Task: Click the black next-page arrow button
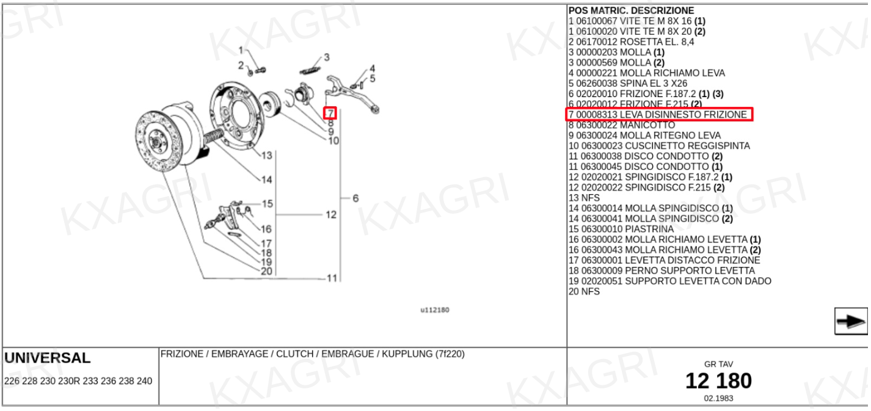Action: coord(850,322)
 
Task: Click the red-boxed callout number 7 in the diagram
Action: coord(330,113)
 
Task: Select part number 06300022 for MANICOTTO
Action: coord(596,125)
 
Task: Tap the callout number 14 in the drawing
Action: coord(267,180)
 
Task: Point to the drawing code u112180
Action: coord(434,310)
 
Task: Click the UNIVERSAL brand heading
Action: coord(47,358)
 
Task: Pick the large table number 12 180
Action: coord(718,381)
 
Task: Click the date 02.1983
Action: coord(718,398)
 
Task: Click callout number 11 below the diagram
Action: coord(332,278)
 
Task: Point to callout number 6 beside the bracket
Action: coord(355,198)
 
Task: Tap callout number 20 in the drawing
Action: coord(266,271)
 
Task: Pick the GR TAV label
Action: coord(718,364)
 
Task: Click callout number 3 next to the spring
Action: coord(327,57)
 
